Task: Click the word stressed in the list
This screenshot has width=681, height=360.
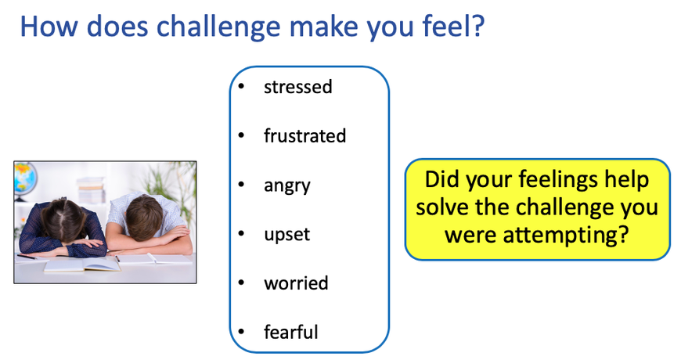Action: coord(298,87)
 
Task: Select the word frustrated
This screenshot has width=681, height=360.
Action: coord(305,136)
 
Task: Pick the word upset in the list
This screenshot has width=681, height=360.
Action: coord(287,236)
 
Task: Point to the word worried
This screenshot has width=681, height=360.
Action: coord(296,283)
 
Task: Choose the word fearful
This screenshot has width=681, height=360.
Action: coord(291,332)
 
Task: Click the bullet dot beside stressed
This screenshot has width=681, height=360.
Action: coord(241,86)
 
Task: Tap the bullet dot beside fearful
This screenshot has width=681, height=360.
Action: coord(241,332)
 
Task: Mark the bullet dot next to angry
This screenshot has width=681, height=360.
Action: coord(241,185)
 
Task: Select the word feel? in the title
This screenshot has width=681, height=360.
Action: coord(453,26)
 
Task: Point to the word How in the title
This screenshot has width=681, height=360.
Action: coord(49,26)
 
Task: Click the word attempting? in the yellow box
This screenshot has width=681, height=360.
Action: coord(566,236)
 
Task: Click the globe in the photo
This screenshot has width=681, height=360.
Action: coord(24,179)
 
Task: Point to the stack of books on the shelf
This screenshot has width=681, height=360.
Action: coord(92,189)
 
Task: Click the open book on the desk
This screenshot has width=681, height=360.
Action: coord(82,265)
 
